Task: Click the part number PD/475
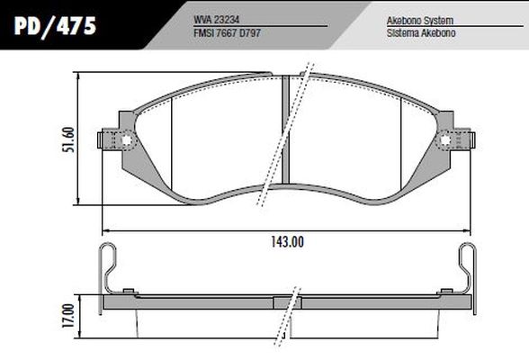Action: tap(56, 27)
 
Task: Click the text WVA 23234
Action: tap(216, 20)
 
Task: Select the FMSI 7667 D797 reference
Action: tap(227, 33)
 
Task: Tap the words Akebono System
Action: tap(420, 21)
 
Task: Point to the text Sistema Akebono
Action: tap(421, 33)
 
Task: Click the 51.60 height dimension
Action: tap(68, 139)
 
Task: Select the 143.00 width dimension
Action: tap(288, 242)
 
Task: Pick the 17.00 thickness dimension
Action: tap(68, 316)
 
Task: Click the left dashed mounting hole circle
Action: tap(126, 139)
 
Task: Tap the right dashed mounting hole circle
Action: tap(445, 139)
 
